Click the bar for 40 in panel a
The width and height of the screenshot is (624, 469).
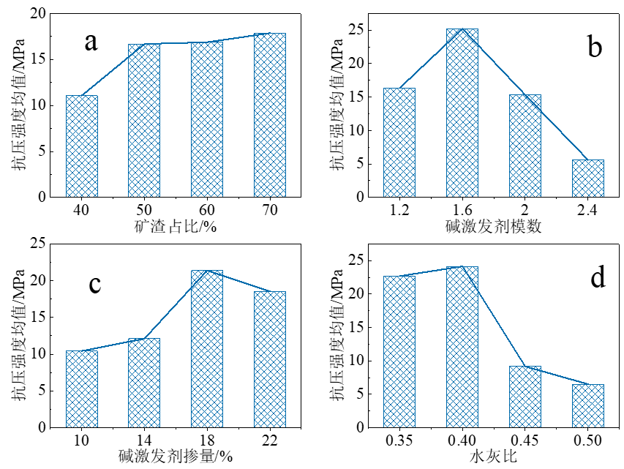click(81, 146)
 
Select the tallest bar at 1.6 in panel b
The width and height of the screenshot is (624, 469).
click(462, 113)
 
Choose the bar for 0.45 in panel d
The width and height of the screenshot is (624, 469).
click(525, 396)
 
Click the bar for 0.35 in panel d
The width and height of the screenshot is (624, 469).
click(399, 351)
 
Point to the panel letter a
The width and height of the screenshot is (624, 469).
click(91, 41)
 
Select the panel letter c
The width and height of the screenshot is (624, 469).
click(94, 283)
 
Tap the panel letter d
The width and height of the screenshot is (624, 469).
click(598, 278)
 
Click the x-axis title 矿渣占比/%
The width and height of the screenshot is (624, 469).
click(176, 226)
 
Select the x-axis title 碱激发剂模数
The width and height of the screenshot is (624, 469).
click(493, 226)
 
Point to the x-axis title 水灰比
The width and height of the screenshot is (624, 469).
click(493, 457)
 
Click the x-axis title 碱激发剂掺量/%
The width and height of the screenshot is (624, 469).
click(176, 457)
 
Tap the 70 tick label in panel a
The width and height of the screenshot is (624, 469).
click(270, 210)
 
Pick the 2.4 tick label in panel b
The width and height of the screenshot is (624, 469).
click(587, 210)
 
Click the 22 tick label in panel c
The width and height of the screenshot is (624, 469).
click(270, 440)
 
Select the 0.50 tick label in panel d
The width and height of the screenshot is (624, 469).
click(587, 440)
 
